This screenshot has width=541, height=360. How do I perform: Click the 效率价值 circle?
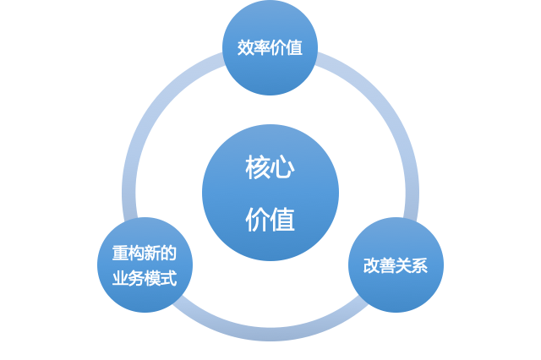tap(270, 48)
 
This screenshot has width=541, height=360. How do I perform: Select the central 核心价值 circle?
tap(270, 193)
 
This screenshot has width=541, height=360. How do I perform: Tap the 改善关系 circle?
tap(396, 265)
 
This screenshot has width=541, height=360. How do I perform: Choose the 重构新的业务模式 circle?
tap(145, 265)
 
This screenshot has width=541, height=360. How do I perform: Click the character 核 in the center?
tap(258, 166)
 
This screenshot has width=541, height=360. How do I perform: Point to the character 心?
tap(283, 166)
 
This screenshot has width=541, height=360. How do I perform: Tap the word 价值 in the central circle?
tap(270, 220)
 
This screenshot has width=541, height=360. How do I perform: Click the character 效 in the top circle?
tap(246, 48)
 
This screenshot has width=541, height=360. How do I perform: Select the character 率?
tap(262, 48)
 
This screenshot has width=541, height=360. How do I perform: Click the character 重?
tap(121, 254)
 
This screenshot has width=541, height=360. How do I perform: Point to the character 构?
tap(137, 254)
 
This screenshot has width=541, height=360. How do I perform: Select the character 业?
tap(121, 278)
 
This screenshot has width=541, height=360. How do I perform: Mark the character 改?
tap(371, 265)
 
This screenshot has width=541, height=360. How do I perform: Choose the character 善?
tap(387, 265)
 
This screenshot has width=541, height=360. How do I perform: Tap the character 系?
tap(419, 265)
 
